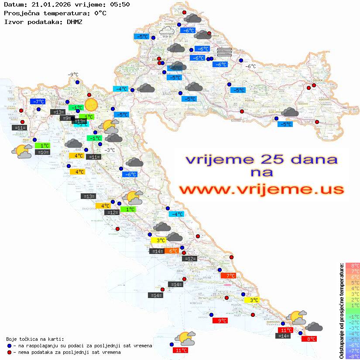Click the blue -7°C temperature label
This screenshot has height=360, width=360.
(x=38, y=102)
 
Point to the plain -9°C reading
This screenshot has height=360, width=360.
(x=73, y=75)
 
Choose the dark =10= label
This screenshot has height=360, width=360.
(x=42, y=152)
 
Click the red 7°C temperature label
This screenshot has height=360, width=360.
(x=228, y=275)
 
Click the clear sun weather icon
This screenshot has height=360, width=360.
(x=91, y=105)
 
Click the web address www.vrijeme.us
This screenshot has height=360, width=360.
(x=261, y=189)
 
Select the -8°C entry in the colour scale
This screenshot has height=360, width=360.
(x=353, y=356)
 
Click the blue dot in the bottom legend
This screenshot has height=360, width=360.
(x=10, y=346)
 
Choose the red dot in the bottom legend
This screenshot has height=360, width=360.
(x=10, y=352)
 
